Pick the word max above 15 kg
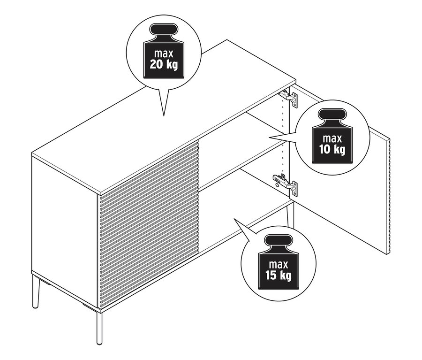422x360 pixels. pos(278,264)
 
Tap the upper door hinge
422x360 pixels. pos(289,98)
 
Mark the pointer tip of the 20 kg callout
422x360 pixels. pos(164,115)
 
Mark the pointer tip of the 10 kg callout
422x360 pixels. pos(269,137)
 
